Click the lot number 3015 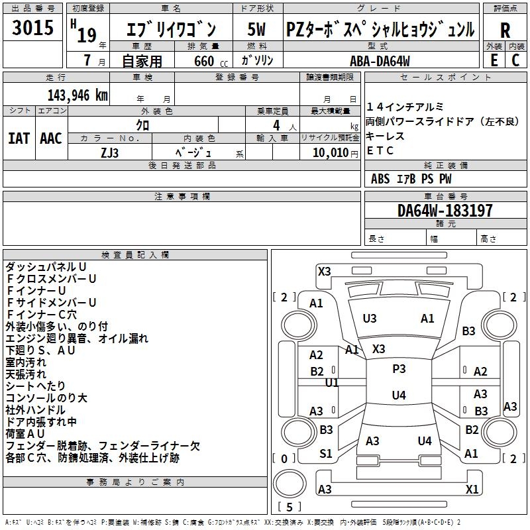coord(33,28)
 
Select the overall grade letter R coord(505,30)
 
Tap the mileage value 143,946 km coord(78,95)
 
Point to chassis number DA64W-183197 coord(445,211)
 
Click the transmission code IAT coord(19,138)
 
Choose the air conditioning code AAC coord(51,138)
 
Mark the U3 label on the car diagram coord(370,319)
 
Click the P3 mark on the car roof coord(399,369)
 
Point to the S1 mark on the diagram coord(326,454)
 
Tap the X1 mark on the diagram coord(472,490)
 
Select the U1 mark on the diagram coord(332,383)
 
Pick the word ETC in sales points coord(380,150)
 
